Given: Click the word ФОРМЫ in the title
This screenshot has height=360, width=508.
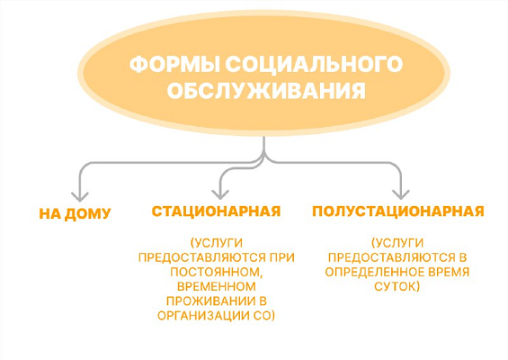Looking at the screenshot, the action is [174, 64].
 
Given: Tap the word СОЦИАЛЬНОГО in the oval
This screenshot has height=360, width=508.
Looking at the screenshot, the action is [314, 64].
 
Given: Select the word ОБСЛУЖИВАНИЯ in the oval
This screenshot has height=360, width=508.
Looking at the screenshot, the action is [266, 90].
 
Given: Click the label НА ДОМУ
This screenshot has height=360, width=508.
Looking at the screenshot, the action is [75, 213].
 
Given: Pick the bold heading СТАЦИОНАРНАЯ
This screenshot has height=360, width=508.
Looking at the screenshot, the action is [216, 211].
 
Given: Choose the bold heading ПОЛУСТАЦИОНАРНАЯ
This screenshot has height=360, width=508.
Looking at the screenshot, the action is [398, 211].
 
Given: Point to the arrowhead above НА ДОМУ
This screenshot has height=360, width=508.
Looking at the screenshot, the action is [80, 196].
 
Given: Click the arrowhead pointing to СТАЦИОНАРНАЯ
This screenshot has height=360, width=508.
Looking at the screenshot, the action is [220, 193].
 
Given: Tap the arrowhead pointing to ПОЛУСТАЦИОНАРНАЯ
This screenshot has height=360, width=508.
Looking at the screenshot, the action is [401, 193].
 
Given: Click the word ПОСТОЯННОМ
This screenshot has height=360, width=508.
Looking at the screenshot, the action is [216, 272].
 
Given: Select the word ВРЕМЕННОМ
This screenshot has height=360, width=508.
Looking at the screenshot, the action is [217, 286].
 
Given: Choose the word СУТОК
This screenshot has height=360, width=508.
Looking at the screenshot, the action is [394, 286].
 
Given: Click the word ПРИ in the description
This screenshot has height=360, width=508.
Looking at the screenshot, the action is [282, 257].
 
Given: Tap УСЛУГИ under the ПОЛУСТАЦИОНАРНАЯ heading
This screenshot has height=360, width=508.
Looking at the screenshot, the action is [399, 243].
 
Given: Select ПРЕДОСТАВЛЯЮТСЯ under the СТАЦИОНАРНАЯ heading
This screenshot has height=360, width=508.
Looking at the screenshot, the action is [202, 257].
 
